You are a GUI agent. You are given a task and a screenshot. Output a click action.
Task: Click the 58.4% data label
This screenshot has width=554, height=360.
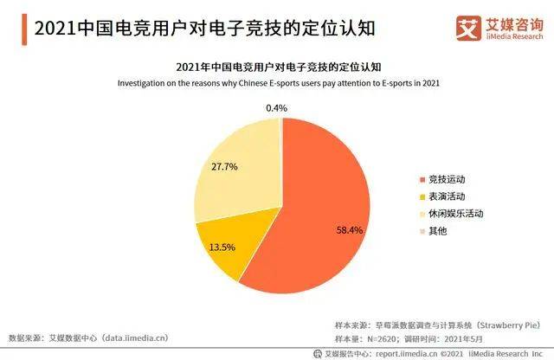349,231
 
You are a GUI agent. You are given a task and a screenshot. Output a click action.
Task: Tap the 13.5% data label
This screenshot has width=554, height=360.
222,247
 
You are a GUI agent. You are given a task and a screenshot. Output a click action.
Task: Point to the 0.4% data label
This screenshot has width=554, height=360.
277,107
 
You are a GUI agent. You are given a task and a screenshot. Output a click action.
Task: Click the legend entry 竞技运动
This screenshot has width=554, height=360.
447,179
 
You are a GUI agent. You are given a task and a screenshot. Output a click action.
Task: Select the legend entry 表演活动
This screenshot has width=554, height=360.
447,196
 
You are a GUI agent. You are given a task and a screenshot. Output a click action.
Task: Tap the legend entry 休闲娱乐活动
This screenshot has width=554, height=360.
455,213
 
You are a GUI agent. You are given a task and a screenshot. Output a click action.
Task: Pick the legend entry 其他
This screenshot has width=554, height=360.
438,229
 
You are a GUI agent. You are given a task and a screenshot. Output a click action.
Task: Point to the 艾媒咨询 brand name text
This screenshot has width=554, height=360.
513,23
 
